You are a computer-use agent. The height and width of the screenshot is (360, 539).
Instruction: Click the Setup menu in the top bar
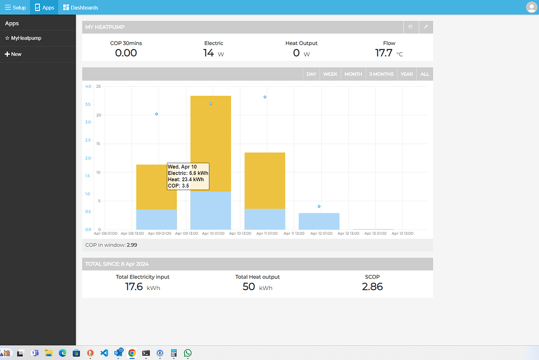pyautogui.click(x=15, y=7)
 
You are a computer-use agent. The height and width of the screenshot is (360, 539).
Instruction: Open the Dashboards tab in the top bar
pyautogui.click(x=81, y=7)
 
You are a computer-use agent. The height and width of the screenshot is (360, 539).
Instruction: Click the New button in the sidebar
pyautogui.click(x=13, y=54)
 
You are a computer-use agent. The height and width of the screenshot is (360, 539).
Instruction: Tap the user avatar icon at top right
pyautogui.click(x=531, y=7)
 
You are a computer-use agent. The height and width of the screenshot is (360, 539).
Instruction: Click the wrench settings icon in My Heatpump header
pyautogui.click(x=425, y=27)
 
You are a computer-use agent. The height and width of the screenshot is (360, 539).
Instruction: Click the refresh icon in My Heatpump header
pyautogui.click(x=411, y=27)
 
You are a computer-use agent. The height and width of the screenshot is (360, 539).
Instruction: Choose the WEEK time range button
pyautogui.click(x=330, y=74)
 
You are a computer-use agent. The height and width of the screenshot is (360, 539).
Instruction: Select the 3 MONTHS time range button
pyautogui.click(x=381, y=74)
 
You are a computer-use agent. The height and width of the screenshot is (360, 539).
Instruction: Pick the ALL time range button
pyautogui.click(x=425, y=74)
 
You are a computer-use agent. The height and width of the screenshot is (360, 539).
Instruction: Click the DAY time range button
pyautogui.click(x=311, y=74)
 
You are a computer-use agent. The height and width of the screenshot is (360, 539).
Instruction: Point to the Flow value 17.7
pyautogui.click(x=384, y=53)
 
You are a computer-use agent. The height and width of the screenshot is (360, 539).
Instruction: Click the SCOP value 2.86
pyautogui.click(x=372, y=287)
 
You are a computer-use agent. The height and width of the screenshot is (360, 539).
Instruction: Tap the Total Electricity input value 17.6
pyautogui.click(x=134, y=287)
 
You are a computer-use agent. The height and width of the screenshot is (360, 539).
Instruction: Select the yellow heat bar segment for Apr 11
pyautogui.click(x=265, y=181)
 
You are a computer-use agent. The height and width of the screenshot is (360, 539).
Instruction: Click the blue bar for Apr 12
pyautogui.click(x=319, y=221)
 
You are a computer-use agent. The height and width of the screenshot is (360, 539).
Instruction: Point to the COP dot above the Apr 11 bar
pyautogui.click(x=265, y=97)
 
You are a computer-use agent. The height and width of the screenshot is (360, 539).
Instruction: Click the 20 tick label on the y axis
pyautogui.click(x=98, y=115)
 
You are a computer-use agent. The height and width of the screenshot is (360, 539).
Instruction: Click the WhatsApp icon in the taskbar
pyautogui.click(x=188, y=353)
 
